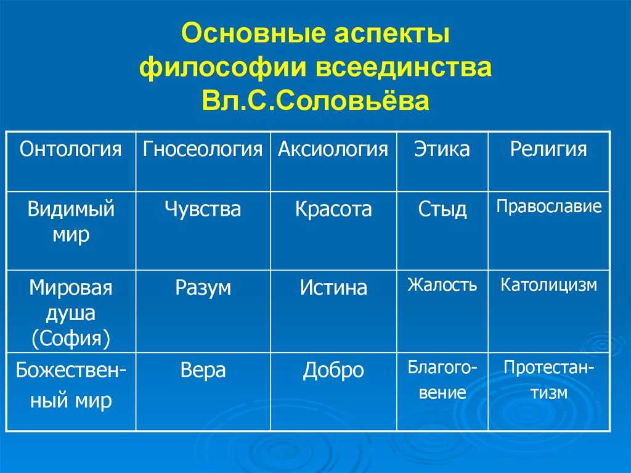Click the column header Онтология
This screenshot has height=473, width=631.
click(x=70, y=149)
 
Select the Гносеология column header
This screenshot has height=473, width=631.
click(x=202, y=149)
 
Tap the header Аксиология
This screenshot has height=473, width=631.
click(x=333, y=149)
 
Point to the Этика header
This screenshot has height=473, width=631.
click(x=442, y=149)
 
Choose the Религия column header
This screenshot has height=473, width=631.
click(x=548, y=149)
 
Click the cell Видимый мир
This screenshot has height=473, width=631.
click(x=71, y=221)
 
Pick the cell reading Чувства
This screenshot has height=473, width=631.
click(x=202, y=209)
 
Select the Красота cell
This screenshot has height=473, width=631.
click(x=333, y=209)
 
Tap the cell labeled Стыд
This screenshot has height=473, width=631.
click(x=442, y=210)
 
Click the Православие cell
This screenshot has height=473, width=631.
click(x=549, y=207)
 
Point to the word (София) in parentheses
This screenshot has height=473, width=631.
click(x=71, y=339)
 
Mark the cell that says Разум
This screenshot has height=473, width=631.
click(x=203, y=289)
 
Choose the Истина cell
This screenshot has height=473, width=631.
click(x=333, y=287)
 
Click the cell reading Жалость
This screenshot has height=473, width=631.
click(x=442, y=284)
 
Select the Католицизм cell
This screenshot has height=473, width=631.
click(x=548, y=286)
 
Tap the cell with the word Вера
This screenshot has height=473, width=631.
click(x=203, y=370)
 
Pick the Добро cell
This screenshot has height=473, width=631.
click(x=333, y=371)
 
